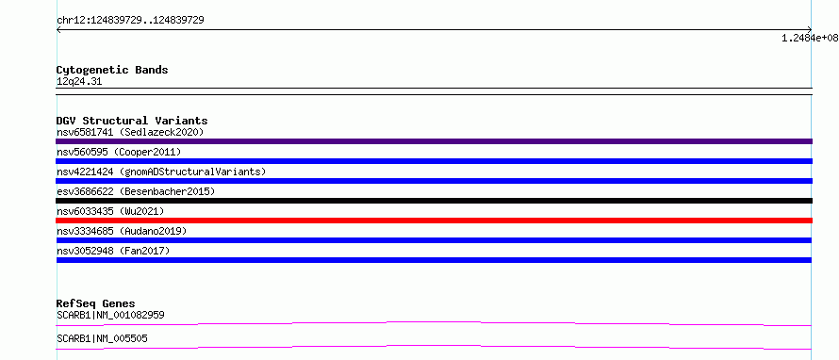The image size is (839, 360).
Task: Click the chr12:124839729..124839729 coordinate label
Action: (x=130, y=21)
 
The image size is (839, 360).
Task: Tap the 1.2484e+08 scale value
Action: (x=810, y=38)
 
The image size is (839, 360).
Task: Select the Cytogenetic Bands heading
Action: (x=112, y=70)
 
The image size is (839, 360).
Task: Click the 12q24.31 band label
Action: (x=79, y=82)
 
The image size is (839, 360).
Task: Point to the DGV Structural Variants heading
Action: (x=132, y=121)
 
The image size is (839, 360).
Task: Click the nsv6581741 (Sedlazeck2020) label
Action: (x=130, y=132)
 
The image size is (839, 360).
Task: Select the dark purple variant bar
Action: (x=434, y=141)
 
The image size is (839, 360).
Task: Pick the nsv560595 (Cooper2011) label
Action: (x=119, y=152)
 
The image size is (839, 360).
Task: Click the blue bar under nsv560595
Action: (x=434, y=161)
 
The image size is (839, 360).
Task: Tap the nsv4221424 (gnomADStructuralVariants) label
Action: (x=161, y=172)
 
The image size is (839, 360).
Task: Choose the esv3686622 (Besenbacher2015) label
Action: (x=136, y=191)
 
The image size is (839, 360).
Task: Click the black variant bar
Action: (x=434, y=201)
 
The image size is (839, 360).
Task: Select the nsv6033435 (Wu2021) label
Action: (x=110, y=211)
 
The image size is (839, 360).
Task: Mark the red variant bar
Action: (x=434, y=221)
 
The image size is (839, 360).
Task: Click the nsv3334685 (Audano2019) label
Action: (x=122, y=231)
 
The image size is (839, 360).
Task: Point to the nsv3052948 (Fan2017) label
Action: (x=113, y=251)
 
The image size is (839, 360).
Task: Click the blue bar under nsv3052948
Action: (x=434, y=260)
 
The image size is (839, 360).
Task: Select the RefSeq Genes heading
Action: (x=96, y=303)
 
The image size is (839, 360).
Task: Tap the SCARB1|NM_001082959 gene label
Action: (x=110, y=315)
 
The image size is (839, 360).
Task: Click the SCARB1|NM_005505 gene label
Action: (x=102, y=338)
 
